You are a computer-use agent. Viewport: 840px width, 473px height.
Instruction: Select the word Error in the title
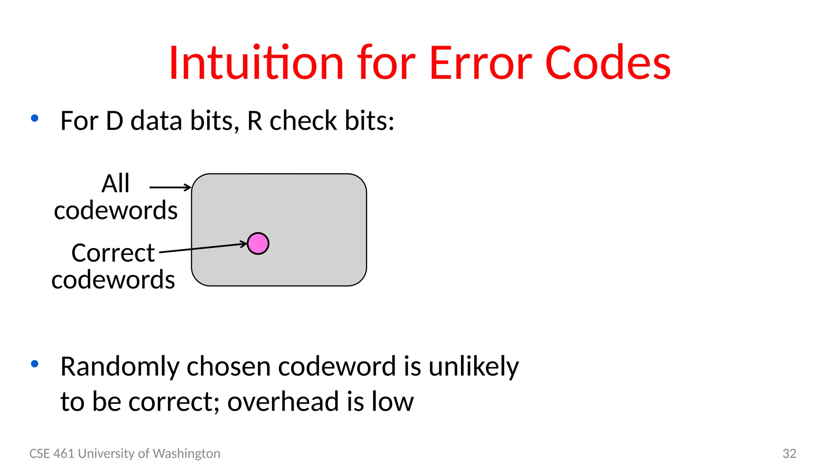coord(480,63)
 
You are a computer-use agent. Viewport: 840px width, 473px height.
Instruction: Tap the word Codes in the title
coord(608,63)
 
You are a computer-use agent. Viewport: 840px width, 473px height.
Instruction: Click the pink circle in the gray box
coord(258,243)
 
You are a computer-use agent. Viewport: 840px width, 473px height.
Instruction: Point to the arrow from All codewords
coord(170,188)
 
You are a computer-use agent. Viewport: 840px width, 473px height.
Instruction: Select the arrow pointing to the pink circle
coord(203,248)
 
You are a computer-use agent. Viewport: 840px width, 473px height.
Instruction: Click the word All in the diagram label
coord(115,184)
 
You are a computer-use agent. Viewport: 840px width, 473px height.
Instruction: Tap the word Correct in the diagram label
coord(113,253)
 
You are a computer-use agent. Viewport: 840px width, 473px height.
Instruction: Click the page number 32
coord(789,453)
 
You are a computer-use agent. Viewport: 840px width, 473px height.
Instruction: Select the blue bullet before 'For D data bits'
coord(35,119)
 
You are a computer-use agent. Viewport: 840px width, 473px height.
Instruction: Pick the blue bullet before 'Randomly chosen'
coord(35,364)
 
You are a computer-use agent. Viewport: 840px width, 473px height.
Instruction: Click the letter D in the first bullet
coord(114,121)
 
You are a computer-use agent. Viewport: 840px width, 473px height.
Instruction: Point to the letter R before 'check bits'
coord(255,121)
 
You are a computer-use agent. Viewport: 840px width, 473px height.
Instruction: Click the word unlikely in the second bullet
coord(473,367)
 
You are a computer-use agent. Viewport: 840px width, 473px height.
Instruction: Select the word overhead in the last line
coord(283,402)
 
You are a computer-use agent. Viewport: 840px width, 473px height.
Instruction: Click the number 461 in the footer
coord(64,453)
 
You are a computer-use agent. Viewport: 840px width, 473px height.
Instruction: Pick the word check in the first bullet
coord(303,121)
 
